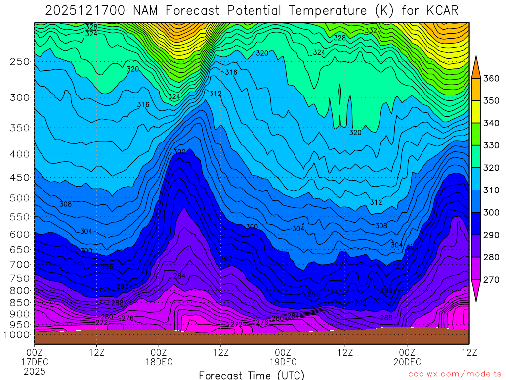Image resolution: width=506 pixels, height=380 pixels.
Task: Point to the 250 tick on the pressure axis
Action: point(20,61)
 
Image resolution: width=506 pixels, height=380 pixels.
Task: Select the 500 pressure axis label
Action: point(20,198)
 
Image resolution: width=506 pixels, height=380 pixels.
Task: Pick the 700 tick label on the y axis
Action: point(20,263)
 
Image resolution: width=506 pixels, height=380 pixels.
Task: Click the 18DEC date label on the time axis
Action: point(159,362)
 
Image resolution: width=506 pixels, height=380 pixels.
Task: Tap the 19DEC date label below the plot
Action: point(283,362)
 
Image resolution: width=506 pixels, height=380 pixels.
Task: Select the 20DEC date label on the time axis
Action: point(407,362)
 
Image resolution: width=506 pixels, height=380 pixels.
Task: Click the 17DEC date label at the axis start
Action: point(35,362)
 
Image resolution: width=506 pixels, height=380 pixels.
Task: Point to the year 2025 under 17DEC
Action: point(35,371)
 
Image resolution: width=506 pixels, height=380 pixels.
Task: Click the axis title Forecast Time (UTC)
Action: point(252,375)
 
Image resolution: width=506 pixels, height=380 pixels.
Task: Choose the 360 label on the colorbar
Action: point(491,79)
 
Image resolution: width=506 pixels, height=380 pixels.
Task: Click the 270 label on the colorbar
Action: point(491,279)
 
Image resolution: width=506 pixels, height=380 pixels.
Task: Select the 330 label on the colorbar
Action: point(491,145)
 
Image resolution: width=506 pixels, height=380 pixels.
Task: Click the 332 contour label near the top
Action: point(371,31)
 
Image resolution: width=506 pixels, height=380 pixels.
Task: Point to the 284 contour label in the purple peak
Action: point(179,276)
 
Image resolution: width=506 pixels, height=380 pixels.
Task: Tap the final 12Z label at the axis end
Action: point(468,352)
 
